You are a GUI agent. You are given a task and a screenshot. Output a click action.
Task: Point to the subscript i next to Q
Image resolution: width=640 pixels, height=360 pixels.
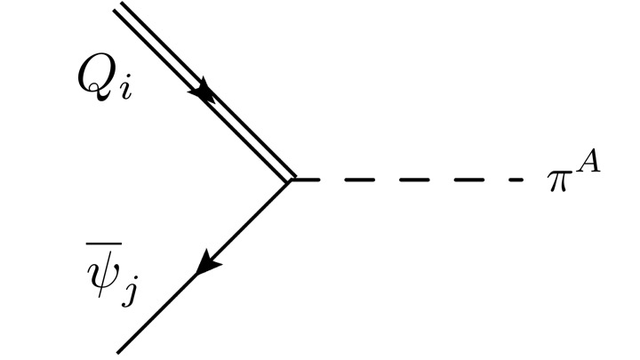(x=126, y=91)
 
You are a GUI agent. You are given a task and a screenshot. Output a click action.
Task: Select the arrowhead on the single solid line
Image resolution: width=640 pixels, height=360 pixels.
(x=206, y=264)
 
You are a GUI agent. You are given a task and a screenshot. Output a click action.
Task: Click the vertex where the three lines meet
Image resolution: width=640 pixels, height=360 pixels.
(x=292, y=180)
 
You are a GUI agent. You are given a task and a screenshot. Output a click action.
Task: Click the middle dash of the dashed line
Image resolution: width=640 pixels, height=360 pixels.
(x=411, y=180)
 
